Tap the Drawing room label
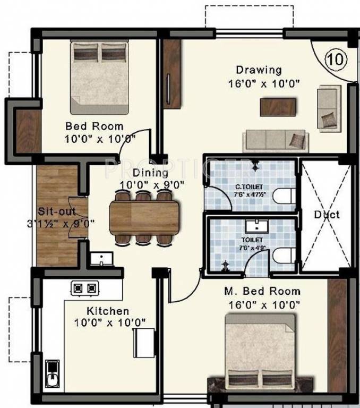pos(259,70)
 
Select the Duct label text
pos(326,215)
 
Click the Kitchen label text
pos(108,311)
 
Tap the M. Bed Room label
pos(261,292)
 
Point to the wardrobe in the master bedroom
pos(337,329)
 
